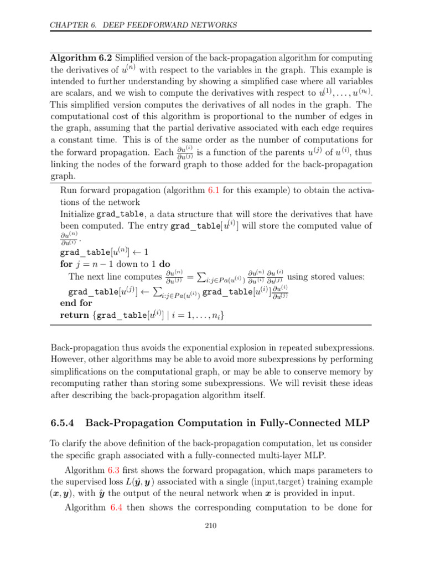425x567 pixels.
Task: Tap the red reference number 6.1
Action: pos(215,190)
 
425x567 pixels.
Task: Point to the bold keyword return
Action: pos(75,315)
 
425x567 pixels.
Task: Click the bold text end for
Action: pos(76,303)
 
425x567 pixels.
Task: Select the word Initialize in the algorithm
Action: pos(76,213)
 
